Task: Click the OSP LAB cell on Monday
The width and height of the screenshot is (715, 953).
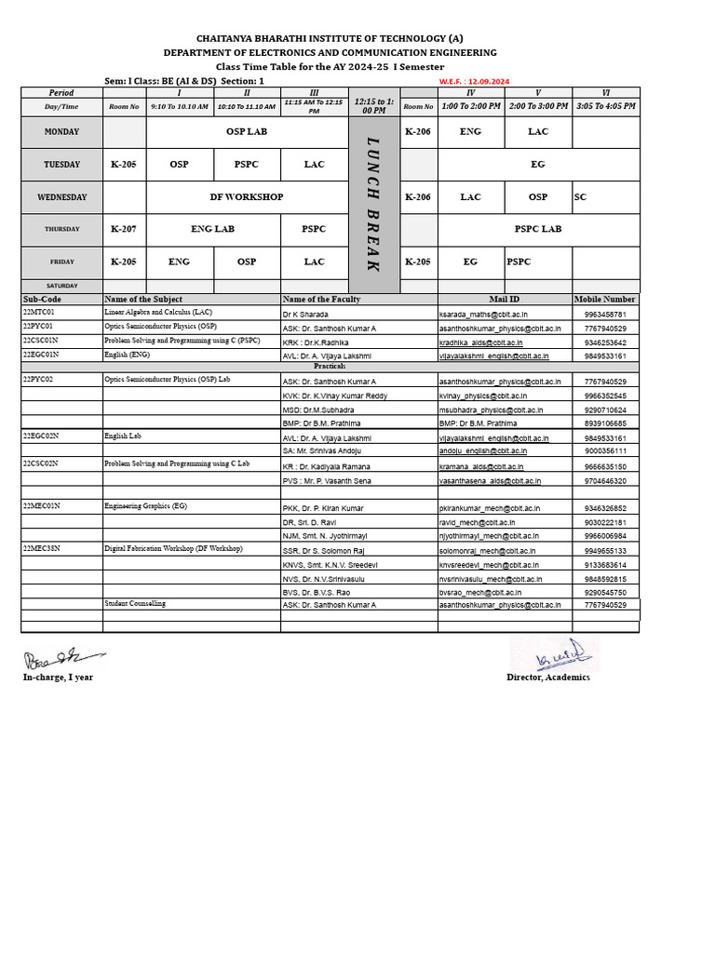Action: pos(247,132)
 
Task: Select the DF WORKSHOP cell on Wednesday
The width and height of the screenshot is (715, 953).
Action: pos(247,197)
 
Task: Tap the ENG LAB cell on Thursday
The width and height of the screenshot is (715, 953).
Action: pos(212,229)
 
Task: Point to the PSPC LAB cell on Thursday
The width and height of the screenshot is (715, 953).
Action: pos(538,229)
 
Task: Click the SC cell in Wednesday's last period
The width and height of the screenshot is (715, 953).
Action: pos(581,197)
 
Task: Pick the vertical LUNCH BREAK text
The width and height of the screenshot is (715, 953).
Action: pos(373,204)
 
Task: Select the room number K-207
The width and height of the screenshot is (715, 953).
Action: pos(124,229)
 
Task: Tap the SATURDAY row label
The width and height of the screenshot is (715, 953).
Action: pos(61,286)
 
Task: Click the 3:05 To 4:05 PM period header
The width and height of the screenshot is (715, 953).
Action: pos(605,106)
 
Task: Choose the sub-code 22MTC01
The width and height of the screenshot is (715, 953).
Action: pos(39,313)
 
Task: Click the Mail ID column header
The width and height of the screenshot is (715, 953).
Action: pos(504,300)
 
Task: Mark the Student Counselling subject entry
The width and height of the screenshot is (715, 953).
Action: pos(135,604)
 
